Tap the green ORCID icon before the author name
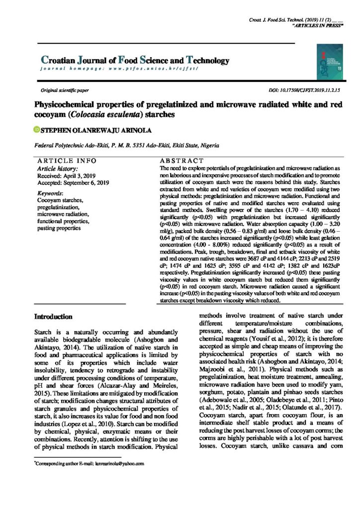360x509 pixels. pos(36,131)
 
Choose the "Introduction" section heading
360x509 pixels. pos(53,317)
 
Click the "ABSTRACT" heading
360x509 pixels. pos(181,161)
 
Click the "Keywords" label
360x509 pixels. pos(50,193)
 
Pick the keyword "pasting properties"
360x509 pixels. pos(62,228)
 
